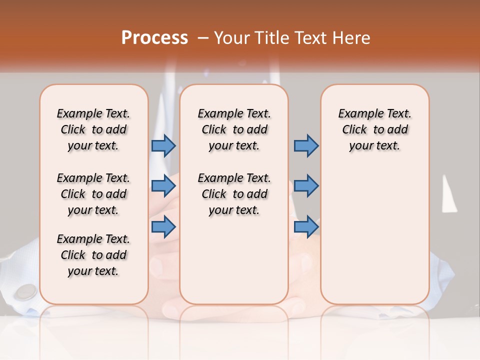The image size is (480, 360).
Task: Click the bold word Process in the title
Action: [154, 38]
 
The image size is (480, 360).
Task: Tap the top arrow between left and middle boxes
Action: [163, 145]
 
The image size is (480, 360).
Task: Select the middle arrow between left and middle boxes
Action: [163, 186]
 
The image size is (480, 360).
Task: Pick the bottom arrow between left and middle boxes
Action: [163, 227]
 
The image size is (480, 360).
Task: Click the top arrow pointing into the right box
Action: [306, 145]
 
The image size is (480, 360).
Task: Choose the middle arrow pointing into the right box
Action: [306, 186]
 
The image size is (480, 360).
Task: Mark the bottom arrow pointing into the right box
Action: [306, 227]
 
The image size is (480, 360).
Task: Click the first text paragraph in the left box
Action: [93, 129]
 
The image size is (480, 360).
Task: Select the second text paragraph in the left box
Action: [93, 194]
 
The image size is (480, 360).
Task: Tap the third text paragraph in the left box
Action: [93, 255]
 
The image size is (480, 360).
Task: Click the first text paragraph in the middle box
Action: [234, 129]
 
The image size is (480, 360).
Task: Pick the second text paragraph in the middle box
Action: [234, 194]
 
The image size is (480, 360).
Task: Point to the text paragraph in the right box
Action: [375, 129]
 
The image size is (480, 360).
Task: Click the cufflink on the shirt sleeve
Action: [25, 292]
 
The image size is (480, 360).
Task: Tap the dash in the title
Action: [202, 38]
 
